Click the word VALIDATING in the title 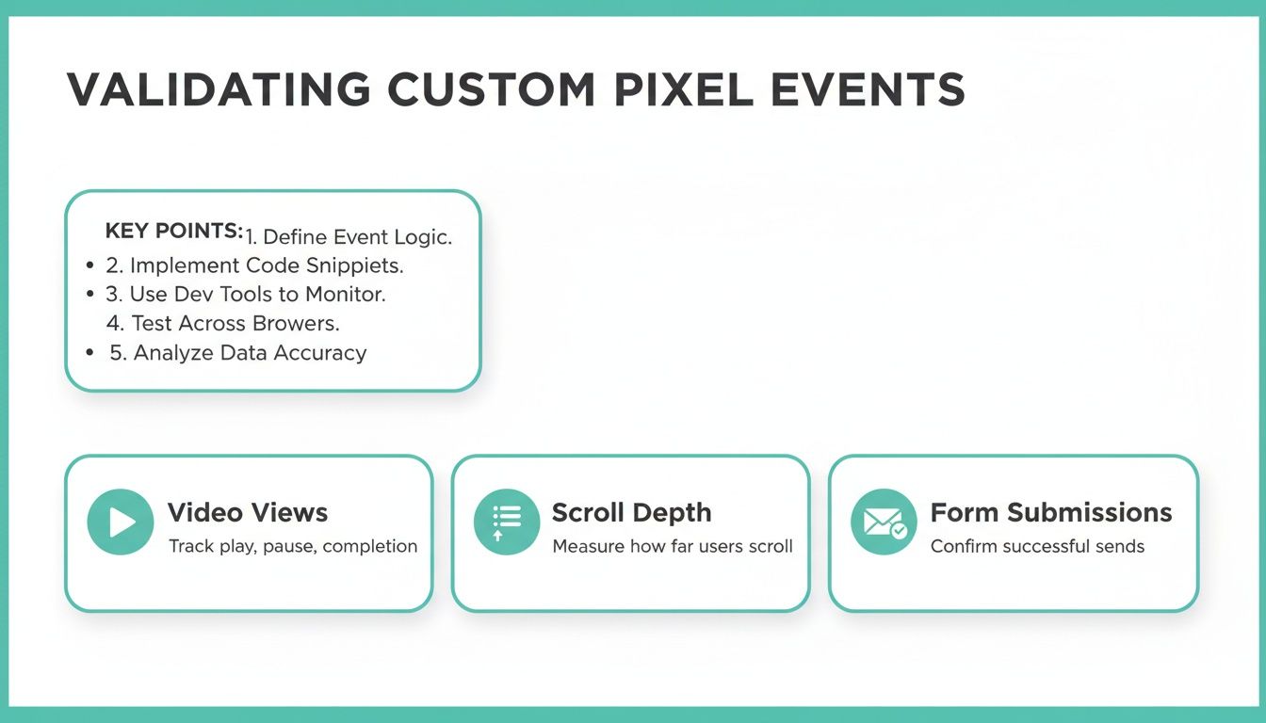(x=219, y=90)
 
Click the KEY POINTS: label (x=174, y=232)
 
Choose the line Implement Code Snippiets (x=254, y=265)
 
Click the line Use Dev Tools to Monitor (x=246, y=294)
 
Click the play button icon (x=121, y=522)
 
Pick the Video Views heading (x=248, y=513)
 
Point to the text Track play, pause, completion (x=293, y=546)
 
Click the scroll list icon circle (x=507, y=522)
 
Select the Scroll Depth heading (x=631, y=513)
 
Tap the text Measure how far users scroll (x=673, y=546)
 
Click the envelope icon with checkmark (x=884, y=522)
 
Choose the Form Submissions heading (x=1051, y=513)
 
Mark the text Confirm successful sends (x=1037, y=546)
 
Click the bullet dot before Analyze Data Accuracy (x=89, y=353)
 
